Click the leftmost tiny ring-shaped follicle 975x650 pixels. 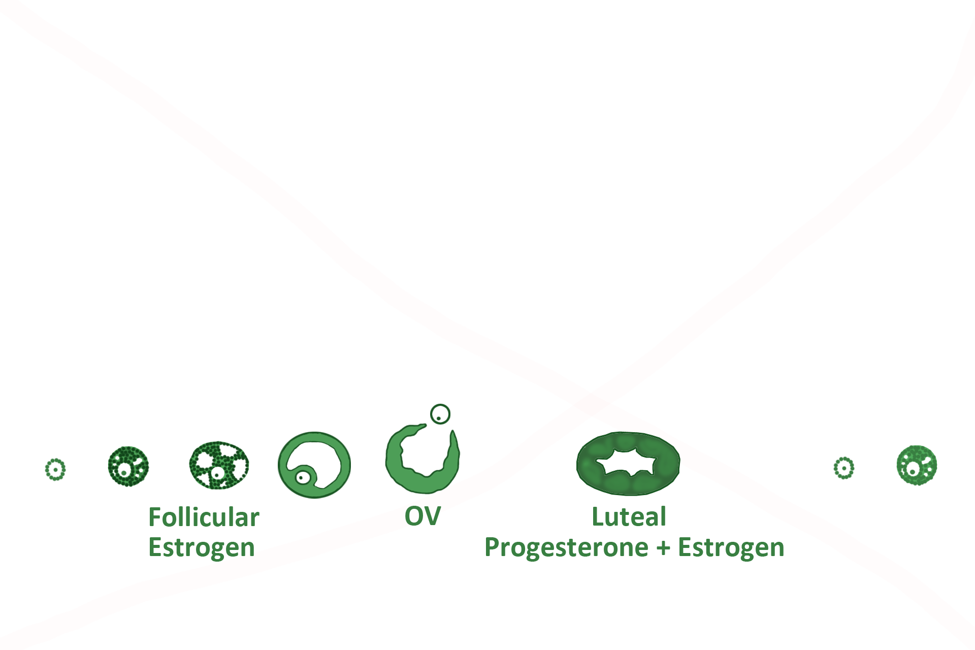pos(55,470)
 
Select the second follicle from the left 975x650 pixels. pos(128,466)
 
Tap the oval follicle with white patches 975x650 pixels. pos(219,465)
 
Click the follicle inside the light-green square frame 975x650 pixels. pos(314,465)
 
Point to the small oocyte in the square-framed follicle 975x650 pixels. pos(303,477)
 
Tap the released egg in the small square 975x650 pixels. pos(440,414)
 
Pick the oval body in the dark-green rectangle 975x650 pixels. pos(628,464)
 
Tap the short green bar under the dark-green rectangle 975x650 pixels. pos(629,516)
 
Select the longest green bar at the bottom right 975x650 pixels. pos(634,548)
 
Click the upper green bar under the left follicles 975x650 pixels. pos(204,516)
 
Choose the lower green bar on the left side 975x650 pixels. pos(201,547)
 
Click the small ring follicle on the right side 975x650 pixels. pos(844,468)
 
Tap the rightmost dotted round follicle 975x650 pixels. pos(917,465)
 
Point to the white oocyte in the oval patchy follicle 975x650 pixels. pos(218,474)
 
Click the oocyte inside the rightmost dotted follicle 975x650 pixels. pos(913,471)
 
